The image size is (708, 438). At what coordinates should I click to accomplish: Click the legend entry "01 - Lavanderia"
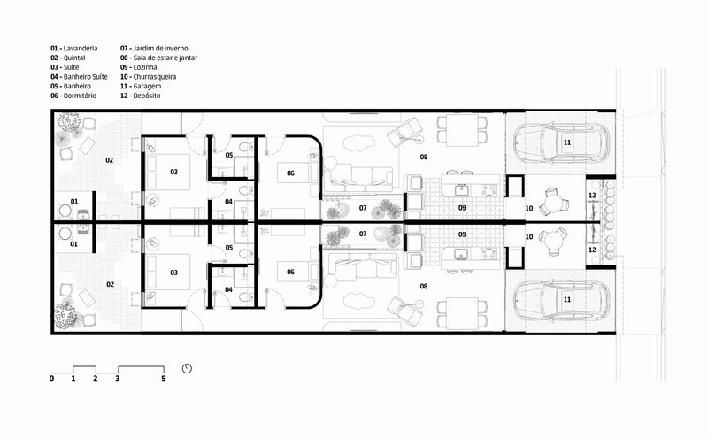tap(74, 49)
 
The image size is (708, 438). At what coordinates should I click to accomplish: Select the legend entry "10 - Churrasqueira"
tap(148, 77)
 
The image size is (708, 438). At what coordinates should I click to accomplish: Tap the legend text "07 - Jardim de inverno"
tap(154, 49)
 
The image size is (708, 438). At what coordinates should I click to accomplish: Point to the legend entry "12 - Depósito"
tap(141, 96)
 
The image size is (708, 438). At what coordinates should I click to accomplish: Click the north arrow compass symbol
tap(187, 368)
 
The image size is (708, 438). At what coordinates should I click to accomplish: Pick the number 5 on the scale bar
tap(164, 379)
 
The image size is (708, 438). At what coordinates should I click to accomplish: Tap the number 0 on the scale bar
tap(51, 379)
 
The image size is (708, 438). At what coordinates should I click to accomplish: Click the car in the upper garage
tap(561, 142)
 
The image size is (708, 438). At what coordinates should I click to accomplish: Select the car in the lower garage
tap(561, 300)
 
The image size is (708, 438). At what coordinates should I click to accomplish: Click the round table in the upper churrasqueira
tap(554, 204)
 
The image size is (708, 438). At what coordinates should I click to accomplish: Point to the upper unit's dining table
tap(462, 130)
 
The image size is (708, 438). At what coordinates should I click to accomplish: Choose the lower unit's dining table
tap(462, 313)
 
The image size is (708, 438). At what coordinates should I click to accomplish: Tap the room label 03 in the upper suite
tap(173, 172)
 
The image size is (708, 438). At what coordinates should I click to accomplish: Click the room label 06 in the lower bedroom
tap(290, 273)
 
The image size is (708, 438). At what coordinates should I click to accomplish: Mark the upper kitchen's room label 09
tap(462, 208)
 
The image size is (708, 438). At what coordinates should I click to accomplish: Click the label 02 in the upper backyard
tap(109, 160)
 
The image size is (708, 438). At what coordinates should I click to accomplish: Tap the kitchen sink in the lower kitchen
tap(460, 254)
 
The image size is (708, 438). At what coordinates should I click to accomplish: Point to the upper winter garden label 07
tap(363, 208)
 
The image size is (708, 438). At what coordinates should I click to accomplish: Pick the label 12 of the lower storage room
tap(592, 250)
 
